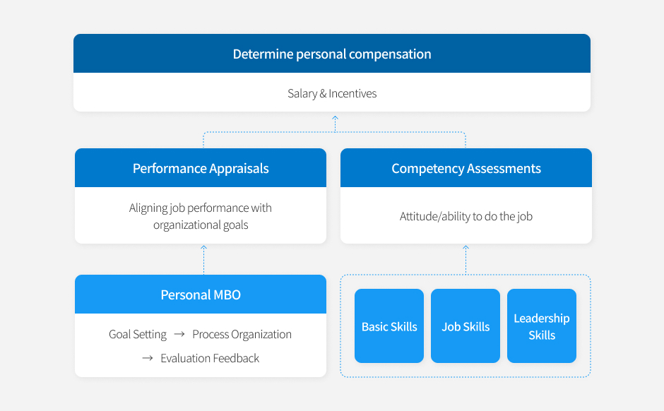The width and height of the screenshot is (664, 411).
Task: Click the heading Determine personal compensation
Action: click(x=332, y=54)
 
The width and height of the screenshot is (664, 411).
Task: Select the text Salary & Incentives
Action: click(x=332, y=93)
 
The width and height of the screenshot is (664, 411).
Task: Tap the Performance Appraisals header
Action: click(x=201, y=168)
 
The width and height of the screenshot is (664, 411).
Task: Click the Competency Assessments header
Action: click(x=466, y=168)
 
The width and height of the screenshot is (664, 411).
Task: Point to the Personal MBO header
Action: click(x=201, y=294)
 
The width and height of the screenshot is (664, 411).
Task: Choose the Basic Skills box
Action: click(x=389, y=326)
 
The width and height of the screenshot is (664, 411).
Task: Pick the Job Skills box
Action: click(x=466, y=326)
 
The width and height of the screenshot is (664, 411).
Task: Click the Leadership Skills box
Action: click(x=542, y=326)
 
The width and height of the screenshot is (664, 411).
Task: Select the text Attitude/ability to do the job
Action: click(x=466, y=216)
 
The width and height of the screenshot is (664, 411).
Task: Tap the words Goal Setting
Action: click(x=138, y=335)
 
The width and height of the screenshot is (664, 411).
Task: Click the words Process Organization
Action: click(x=242, y=335)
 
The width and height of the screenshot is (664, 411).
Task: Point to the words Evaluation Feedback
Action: click(x=210, y=359)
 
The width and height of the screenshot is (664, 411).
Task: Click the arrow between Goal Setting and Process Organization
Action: click(x=179, y=334)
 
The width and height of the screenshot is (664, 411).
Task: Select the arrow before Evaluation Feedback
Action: click(x=148, y=358)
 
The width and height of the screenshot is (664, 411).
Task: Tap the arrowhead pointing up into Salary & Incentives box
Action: click(x=335, y=118)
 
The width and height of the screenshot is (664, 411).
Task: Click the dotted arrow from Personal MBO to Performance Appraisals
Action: click(x=203, y=260)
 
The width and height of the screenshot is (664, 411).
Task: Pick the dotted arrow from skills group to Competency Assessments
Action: click(x=466, y=260)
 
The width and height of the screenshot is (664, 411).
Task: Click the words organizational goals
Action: click(x=201, y=225)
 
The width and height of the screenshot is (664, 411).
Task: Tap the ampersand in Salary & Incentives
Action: click(x=323, y=93)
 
